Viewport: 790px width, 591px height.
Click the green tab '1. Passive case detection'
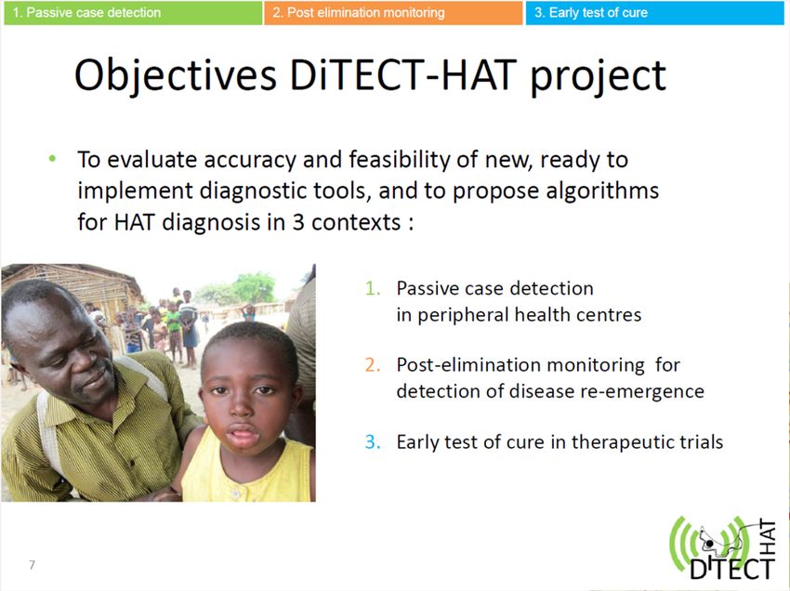point(133,13)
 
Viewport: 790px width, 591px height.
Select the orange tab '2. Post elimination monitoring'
point(393,13)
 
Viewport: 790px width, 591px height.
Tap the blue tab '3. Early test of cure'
point(655,13)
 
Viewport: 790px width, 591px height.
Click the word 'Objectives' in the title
point(176,75)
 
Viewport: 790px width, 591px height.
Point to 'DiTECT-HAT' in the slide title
point(403,75)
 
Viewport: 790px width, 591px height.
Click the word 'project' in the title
point(599,77)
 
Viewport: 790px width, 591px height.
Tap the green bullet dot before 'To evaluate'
point(52,159)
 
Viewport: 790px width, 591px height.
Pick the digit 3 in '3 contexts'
point(298,222)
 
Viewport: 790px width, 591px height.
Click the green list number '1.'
point(373,288)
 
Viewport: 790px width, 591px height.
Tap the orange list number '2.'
point(373,365)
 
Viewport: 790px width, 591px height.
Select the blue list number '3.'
point(373,442)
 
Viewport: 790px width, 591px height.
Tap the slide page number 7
point(33,564)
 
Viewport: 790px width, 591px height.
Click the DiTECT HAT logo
point(723,548)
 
